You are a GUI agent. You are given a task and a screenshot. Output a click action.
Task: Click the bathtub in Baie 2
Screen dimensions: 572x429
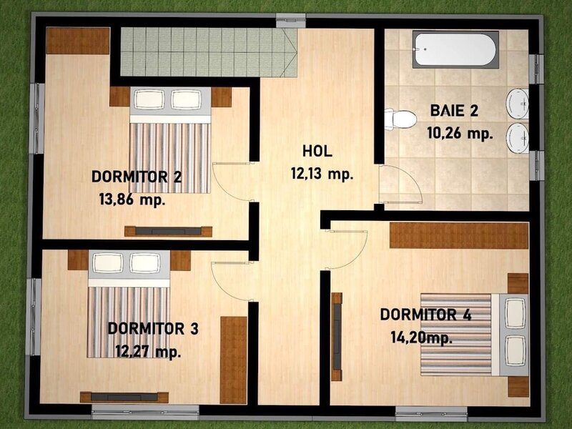click(x=455, y=49)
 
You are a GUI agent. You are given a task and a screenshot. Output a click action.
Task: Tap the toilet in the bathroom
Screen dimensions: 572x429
click(x=400, y=119)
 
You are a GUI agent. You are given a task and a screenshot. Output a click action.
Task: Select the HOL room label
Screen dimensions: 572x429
click(x=317, y=151)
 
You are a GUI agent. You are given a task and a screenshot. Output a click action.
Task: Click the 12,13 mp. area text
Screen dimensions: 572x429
click(x=322, y=174)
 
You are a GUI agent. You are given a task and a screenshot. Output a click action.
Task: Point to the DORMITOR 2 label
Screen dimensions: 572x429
click(x=137, y=177)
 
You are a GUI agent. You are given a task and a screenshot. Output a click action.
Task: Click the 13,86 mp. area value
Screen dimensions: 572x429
click(x=132, y=200)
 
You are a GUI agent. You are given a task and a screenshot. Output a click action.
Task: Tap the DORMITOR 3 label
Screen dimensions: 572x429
click(x=153, y=328)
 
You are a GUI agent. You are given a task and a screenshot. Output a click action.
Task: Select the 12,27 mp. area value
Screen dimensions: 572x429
click(x=149, y=352)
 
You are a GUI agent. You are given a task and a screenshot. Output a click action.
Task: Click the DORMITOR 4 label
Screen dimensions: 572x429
click(x=425, y=315)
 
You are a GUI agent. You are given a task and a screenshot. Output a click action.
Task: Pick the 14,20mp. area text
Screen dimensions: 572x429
click(x=422, y=337)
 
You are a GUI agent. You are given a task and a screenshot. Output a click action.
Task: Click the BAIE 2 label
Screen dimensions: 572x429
click(x=454, y=111)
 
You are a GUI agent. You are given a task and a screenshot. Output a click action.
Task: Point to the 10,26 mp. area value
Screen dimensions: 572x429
click(x=460, y=134)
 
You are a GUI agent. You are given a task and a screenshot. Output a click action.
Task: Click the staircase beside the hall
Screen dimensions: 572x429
click(x=209, y=52)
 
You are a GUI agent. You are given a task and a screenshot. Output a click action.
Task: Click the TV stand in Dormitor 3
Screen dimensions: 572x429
click(x=124, y=398)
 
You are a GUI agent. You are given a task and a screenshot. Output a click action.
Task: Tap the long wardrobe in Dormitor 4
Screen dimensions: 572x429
click(x=459, y=235)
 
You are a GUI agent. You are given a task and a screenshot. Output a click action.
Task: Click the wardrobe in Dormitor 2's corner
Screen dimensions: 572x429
click(x=78, y=41)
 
